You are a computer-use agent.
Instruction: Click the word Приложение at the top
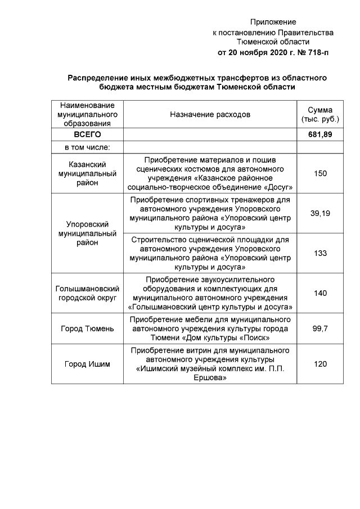[x=273, y=22]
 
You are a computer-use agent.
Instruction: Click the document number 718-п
[x=313, y=52]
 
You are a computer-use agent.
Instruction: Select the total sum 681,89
[x=320, y=135]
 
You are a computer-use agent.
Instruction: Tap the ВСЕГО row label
[x=87, y=135]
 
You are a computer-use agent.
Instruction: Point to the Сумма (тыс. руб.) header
[x=320, y=115]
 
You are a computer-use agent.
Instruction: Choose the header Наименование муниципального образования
[x=87, y=115]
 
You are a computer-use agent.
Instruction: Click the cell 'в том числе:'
[x=87, y=147]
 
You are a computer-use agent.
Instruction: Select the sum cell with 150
[x=320, y=173]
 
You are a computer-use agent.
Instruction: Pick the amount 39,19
[x=320, y=213]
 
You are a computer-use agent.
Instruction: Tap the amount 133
[x=320, y=253]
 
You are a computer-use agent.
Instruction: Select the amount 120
[x=320, y=364]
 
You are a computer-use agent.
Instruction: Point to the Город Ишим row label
[x=87, y=364]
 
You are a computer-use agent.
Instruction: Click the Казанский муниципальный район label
[x=87, y=173]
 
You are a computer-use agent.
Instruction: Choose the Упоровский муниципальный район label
[x=87, y=233]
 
